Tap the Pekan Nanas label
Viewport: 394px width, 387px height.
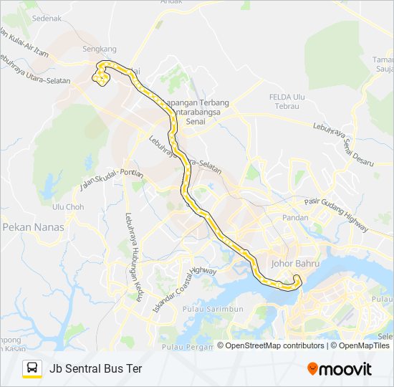pyautogui.click(x=34, y=227)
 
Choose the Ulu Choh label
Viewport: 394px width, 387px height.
pyautogui.click(x=69, y=206)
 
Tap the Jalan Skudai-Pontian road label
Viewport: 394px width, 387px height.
pyautogui.click(x=112, y=178)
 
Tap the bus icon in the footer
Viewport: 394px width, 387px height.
pyautogui.click(x=32, y=368)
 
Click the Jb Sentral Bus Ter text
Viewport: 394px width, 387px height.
pyautogui.click(x=96, y=369)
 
